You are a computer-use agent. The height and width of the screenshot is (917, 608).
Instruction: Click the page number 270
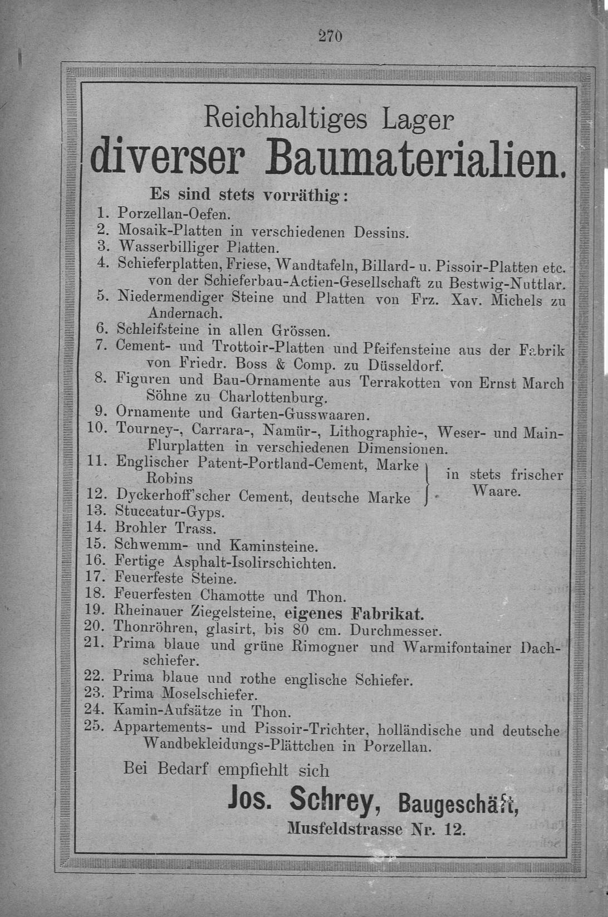click(330, 36)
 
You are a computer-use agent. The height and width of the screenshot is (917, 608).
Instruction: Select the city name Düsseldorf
click(406, 366)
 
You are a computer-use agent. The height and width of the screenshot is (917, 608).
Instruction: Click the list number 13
click(96, 510)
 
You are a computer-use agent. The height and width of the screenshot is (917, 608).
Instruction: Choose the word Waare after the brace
click(496, 491)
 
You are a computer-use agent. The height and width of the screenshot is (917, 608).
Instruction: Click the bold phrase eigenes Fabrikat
click(354, 613)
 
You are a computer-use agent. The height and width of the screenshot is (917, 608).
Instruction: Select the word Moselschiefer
click(210, 694)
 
